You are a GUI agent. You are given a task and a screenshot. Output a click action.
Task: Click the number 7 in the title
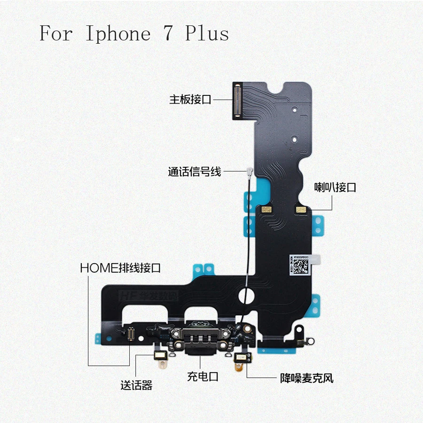point(168,33)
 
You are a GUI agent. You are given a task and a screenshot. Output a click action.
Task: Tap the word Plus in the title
point(207,33)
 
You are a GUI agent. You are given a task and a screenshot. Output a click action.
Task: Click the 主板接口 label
point(190,100)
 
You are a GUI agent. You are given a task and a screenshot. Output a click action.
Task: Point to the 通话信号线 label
point(195,172)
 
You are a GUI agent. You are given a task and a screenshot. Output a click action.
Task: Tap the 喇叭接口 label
point(335,188)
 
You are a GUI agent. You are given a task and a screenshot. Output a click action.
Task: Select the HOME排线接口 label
point(121,268)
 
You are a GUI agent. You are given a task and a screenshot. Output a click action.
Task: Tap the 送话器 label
point(136,386)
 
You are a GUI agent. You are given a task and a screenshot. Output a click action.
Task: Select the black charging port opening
point(200,350)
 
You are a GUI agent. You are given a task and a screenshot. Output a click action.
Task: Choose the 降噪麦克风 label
point(306,377)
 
